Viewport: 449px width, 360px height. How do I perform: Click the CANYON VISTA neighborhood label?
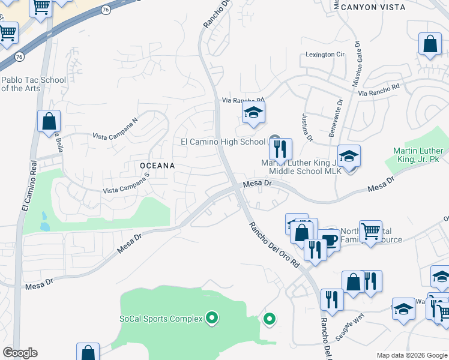click(x=373, y=7)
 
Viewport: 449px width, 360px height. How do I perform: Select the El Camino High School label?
click(x=223, y=142)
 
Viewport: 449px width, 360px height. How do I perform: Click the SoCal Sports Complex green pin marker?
click(x=211, y=318)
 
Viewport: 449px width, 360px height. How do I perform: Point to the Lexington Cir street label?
click(x=325, y=54)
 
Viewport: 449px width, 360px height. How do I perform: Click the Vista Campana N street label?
click(x=115, y=128)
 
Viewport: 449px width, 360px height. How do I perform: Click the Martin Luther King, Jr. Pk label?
click(x=420, y=155)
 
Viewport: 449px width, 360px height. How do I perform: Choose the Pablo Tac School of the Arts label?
click(x=33, y=84)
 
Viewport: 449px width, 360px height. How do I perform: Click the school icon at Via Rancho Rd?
click(x=254, y=112)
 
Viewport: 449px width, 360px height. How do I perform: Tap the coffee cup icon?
click(x=329, y=240)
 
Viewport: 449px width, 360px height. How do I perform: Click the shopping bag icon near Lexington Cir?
click(x=430, y=44)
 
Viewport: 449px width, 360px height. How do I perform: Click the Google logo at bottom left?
click(x=20, y=353)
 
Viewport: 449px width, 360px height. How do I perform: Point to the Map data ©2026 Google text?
click(x=411, y=355)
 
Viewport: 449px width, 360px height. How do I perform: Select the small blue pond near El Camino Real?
click(x=43, y=221)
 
